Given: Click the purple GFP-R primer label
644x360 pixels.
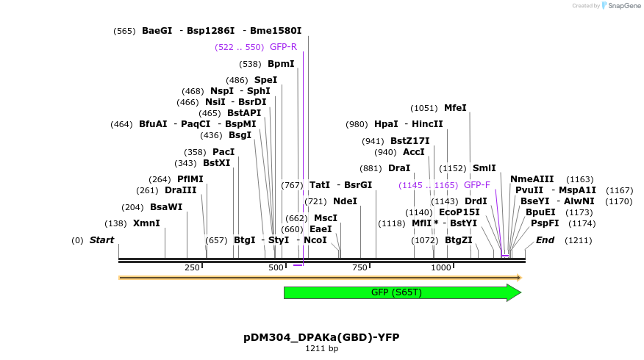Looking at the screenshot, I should pos(283,47).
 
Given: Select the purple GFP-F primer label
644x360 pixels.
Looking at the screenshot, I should pos(476,185).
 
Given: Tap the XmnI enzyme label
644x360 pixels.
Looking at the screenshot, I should pos(146,223).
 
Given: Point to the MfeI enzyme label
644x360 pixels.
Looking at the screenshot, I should pos(455,108).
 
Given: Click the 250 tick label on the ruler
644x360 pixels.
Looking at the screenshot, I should pos(193,268).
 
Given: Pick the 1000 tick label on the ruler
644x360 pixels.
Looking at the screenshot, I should pos(441,268).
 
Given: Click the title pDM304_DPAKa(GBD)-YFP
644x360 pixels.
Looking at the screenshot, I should pos(321,337).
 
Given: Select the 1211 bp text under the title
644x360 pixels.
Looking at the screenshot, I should pos(321,349).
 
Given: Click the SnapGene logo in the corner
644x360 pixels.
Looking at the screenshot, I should pos(620,6).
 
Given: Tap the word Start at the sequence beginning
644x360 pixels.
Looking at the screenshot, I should pos(102,240).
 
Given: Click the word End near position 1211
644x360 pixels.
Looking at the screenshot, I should pos(545,240).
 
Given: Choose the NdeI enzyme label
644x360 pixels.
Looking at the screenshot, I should pos(345,201).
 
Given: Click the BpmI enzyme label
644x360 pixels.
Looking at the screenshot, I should pos(281,64).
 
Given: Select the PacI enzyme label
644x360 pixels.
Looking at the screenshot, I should pos(223,152).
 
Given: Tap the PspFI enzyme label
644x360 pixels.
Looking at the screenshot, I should pos(545,223).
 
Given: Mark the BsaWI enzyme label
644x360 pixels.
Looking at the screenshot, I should pos(166,207).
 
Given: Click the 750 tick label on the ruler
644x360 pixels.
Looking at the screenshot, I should pos(359,268).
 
